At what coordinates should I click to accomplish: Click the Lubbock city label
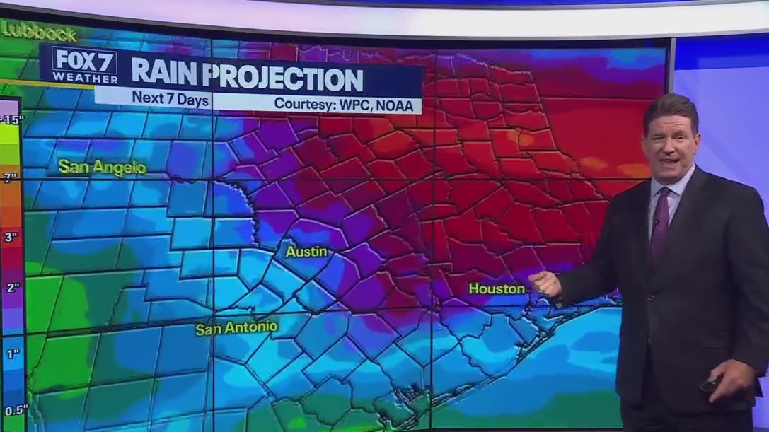(40, 33)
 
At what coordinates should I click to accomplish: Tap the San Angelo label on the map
(102, 168)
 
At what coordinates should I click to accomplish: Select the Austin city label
(306, 252)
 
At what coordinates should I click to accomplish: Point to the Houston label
(497, 288)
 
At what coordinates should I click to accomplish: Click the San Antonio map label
(236, 329)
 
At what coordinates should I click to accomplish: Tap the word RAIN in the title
(164, 75)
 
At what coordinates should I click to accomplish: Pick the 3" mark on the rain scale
(11, 236)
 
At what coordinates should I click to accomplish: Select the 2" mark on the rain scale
(11, 287)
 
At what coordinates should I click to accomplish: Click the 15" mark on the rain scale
(11, 119)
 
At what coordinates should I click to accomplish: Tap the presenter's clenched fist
(545, 283)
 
